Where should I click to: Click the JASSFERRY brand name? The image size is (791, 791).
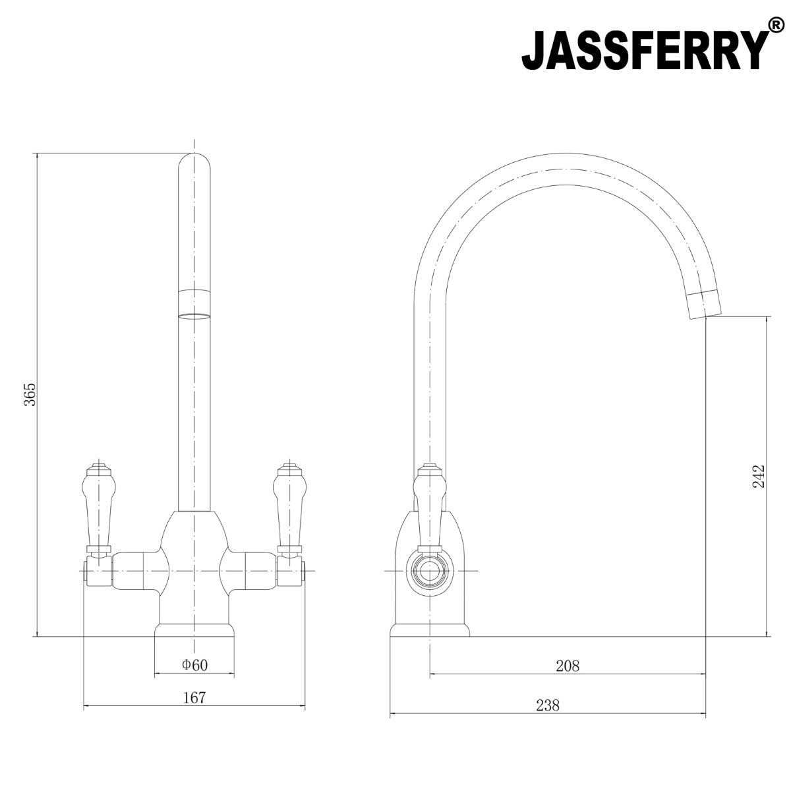click(645, 49)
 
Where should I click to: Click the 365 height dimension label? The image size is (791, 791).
click(30, 394)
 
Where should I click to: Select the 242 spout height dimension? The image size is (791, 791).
click(759, 476)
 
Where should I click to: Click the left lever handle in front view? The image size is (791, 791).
click(98, 510)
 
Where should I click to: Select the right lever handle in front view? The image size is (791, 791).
click(289, 510)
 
